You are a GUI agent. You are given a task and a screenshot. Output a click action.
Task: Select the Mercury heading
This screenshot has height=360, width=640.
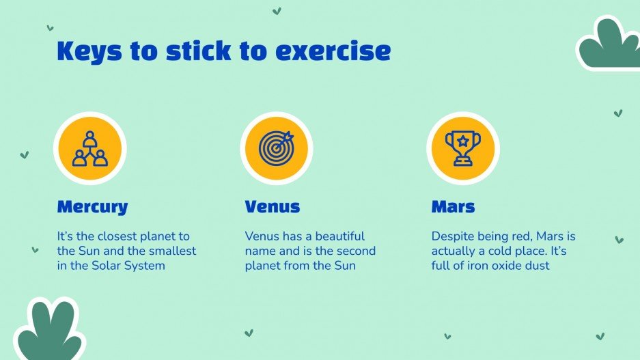click(x=92, y=206)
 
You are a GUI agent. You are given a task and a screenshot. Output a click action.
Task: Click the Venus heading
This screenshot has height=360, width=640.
click(x=272, y=206)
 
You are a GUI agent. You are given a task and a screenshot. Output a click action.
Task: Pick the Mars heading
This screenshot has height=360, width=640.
click(x=453, y=206)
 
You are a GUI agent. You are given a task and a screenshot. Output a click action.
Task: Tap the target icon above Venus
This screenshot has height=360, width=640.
click(x=275, y=148)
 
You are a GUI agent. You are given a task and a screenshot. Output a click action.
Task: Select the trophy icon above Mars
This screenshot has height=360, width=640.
click(x=462, y=148)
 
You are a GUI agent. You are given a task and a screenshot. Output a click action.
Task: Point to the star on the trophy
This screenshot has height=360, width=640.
click(x=462, y=141)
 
